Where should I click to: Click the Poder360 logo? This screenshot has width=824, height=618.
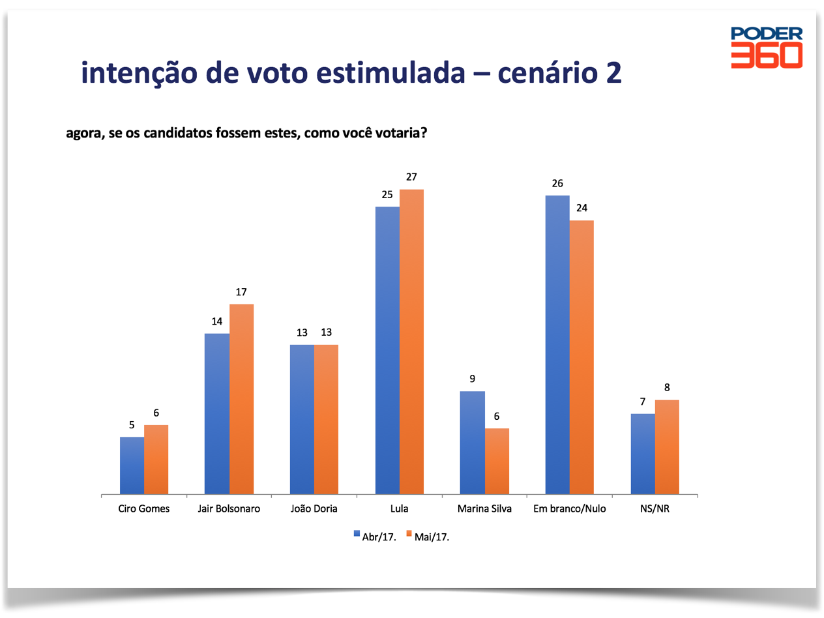[766, 47]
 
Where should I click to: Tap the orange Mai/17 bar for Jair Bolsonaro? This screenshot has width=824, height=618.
[241, 399]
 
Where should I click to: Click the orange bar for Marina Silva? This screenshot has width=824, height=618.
[497, 461]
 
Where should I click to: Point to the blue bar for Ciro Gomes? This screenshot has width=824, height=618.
[132, 465]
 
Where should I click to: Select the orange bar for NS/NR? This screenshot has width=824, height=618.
[667, 447]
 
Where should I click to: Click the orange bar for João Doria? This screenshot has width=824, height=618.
[326, 419]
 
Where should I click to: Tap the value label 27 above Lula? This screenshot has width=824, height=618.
[411, 177]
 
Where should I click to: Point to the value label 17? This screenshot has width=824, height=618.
[241, 292]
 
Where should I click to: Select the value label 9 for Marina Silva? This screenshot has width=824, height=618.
[472, 379]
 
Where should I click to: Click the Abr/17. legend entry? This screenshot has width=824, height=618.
[374, 535]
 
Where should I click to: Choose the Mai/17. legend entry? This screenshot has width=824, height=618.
[428, 535]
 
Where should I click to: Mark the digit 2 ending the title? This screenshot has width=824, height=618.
[613, 73]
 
